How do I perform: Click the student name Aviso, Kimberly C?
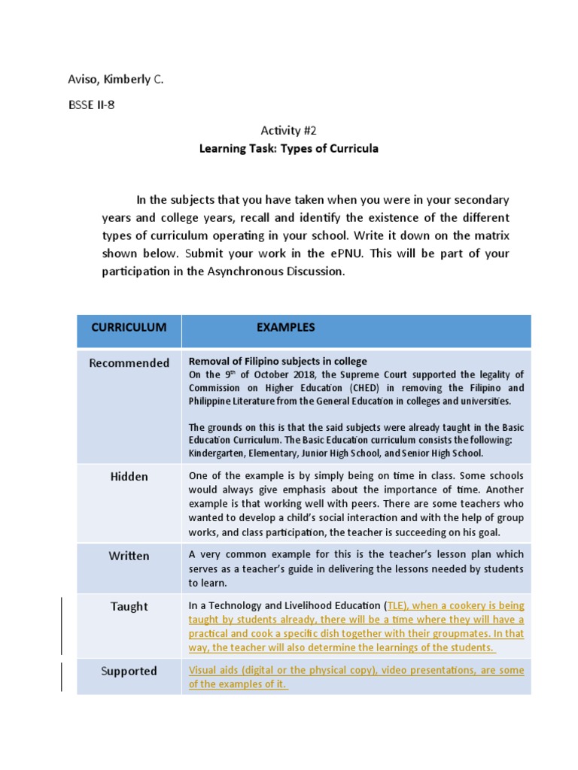115,78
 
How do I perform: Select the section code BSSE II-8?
91,105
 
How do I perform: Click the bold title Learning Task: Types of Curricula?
288,148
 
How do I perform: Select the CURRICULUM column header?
129,327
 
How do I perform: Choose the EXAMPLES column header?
285,327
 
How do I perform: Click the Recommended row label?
129,363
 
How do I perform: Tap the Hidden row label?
129,477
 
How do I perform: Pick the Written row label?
129,556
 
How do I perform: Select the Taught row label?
129,606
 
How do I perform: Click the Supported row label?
129,671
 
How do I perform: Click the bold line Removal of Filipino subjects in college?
277,361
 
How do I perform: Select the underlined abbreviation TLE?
399,605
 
